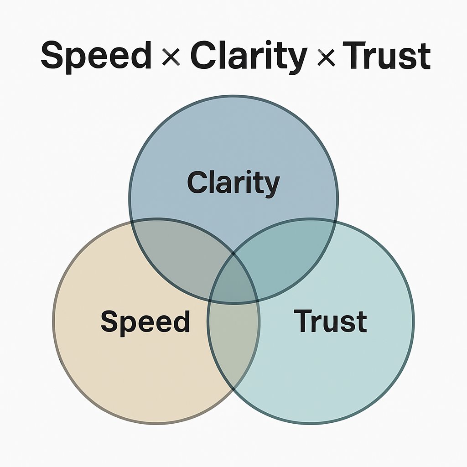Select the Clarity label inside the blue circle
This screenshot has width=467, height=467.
tap(233, 183)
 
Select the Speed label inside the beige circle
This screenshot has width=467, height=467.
tap(145, 321)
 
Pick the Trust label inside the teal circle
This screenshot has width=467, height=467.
tap(330, 321)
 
